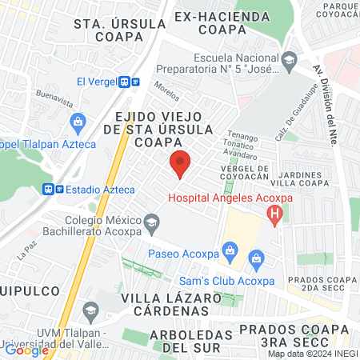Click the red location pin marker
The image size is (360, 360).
click(x=180, y=163)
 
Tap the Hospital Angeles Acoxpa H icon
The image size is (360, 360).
click(x=275, y=214)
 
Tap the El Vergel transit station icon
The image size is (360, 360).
click(x=129, y=82)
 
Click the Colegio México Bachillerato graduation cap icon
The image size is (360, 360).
click(x=150, y=220)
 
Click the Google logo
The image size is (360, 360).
click(x=26, y=350)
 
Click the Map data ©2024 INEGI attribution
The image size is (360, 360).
click(x=313, y=354)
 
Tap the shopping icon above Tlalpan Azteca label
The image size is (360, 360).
click(x=77, y=122)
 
